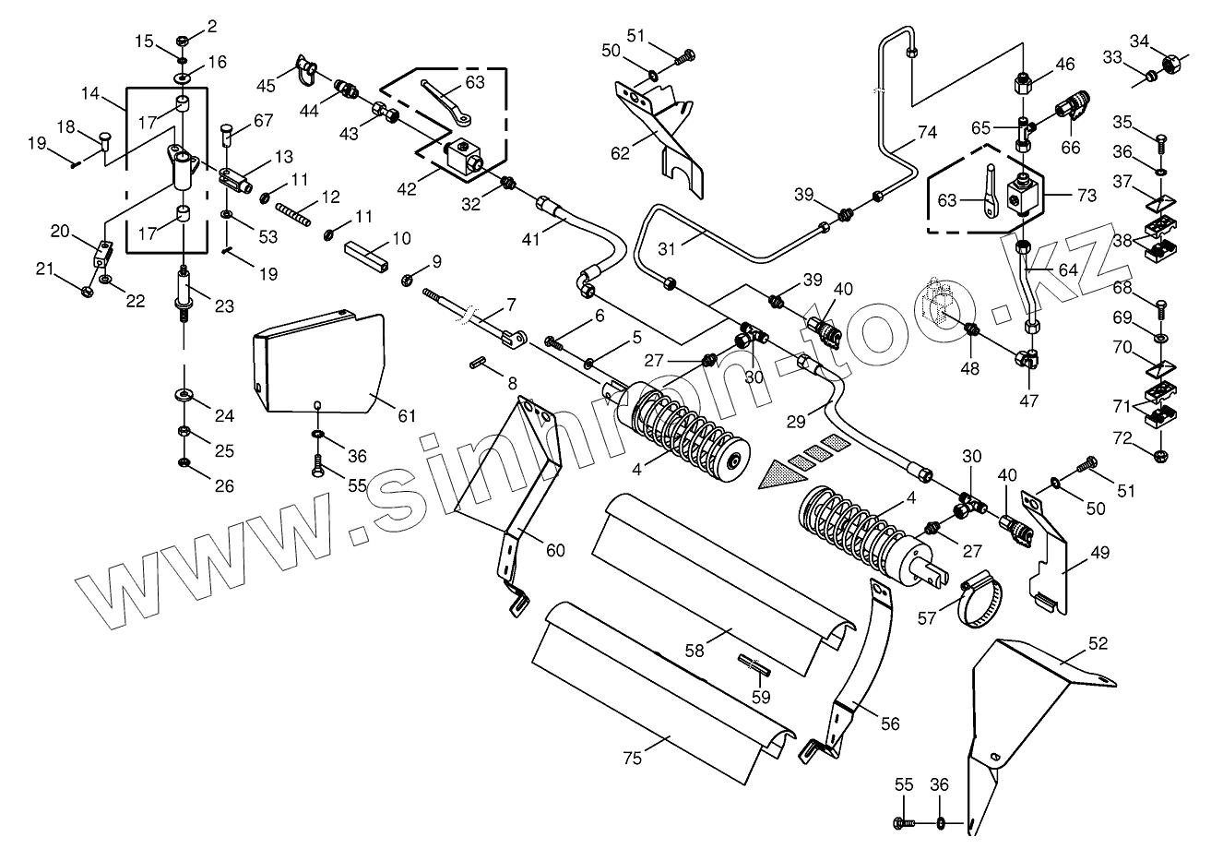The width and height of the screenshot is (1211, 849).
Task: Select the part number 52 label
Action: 1098,642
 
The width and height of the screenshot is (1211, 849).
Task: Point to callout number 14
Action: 89,94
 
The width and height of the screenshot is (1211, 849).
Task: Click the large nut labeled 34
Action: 1171,65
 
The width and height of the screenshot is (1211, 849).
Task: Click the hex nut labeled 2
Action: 183,42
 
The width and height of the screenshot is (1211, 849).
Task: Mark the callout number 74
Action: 926,132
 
